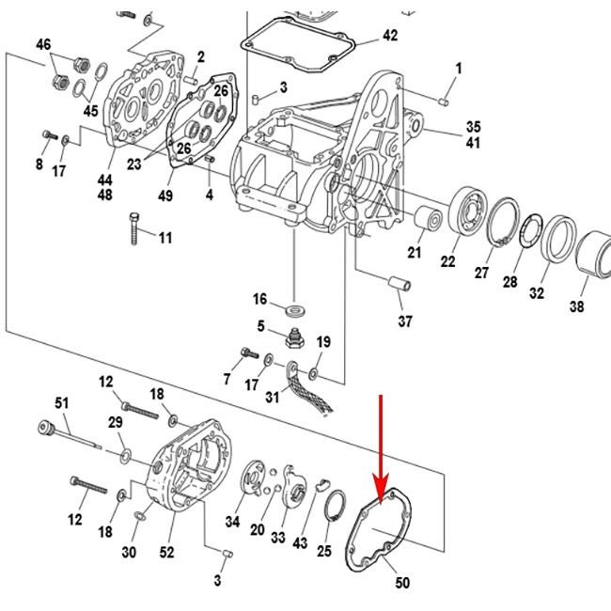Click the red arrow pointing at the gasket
(x=381, y=442)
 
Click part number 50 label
(x=402, y=583)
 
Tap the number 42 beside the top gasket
(x=389, y=36)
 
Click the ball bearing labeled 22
(x=466, y=212)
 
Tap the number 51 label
(x=62, y=403)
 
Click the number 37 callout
(x=404, y=322)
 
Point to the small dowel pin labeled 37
(x=397, y=282)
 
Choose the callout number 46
(x=44, y=45)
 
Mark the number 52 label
(x=166, y=553)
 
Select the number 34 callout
(x=232, y=522)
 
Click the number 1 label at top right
(x=459, y=68)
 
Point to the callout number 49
(x=165, y=196)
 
